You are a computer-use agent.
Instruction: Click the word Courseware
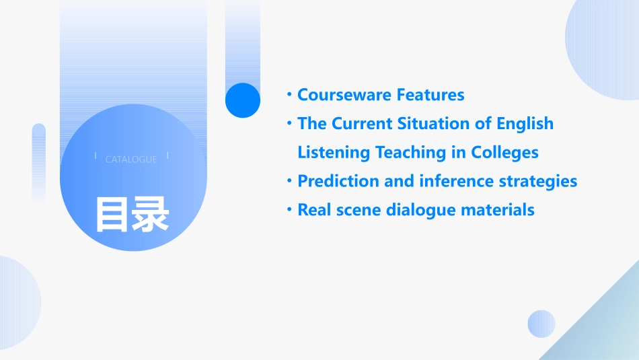(x=344, y=95)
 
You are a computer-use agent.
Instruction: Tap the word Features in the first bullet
(x=430, y=95)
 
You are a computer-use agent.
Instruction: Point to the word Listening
(x=334, y=153)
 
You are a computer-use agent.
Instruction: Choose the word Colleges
(x=504, y=153)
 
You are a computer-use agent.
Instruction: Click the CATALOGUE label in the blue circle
(x=131, y=159)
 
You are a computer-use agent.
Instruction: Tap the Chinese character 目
(x=112, y=215)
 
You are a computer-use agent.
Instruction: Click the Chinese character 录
(x=151, y=215)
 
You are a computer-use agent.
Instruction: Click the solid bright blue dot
(x=242, y=100)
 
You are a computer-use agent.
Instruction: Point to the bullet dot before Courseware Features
(x=289, y=95)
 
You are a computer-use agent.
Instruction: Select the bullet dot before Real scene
(x=289, y=209)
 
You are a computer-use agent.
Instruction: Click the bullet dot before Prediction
(x=289, y=180)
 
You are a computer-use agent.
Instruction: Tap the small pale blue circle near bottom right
(x=541, y=324)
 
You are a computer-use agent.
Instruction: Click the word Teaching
(x=411, y=153)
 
